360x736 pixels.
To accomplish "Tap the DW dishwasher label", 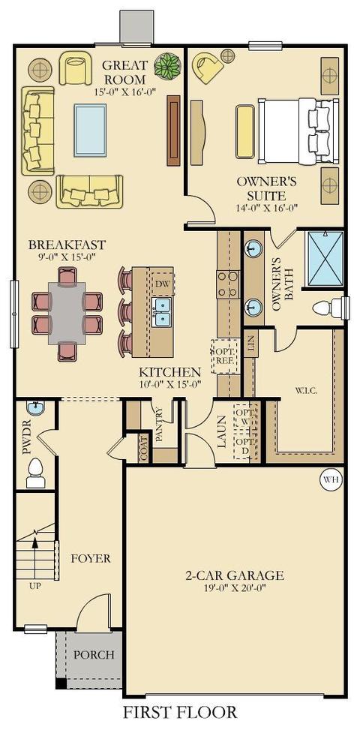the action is (x=162, y=284).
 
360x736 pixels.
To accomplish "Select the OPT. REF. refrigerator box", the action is (x=224, y=356).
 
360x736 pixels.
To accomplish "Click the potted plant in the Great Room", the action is (x=167, y=65).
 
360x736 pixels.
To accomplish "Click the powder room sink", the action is (x=34, y=408).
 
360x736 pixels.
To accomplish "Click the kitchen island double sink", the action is (x=163, y=311).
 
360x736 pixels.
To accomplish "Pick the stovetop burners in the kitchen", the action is (x=227, y=284).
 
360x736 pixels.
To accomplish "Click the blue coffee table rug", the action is (x=90, y=130).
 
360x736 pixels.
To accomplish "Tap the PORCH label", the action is (x=94, y=654).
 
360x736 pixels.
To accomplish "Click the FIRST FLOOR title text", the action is (x=180, y=712).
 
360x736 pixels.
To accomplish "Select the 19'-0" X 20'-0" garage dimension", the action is (x=235, y=588).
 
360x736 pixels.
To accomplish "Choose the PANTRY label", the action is (x=159, y=425).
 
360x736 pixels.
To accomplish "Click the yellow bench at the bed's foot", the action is (x=245, y=131).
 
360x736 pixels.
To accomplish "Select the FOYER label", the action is (x=91, y=559).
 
